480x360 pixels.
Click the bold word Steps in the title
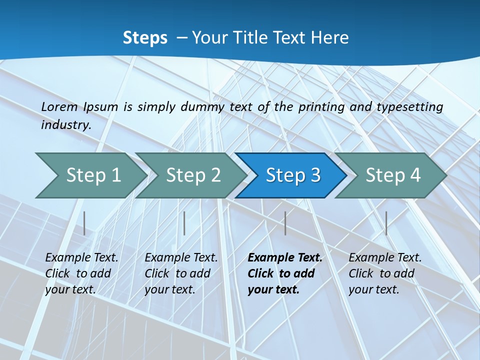145,38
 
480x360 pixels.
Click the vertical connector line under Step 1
84,223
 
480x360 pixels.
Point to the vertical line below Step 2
184,223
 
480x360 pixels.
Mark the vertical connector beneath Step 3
285,223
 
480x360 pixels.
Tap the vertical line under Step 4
386,223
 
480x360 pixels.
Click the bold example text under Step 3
284,273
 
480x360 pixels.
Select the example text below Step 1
81,273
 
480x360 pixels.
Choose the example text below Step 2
181,273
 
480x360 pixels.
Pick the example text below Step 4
385,273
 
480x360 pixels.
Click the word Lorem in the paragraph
59,106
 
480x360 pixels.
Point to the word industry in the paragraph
66,124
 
